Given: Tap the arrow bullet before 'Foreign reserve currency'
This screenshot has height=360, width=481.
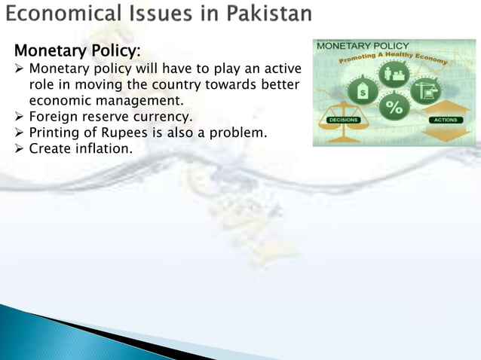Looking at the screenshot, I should pos(20,117).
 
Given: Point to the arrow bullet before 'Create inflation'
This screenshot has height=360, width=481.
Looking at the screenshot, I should pos(20,148).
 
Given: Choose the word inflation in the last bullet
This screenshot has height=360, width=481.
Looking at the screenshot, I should pos(102,148).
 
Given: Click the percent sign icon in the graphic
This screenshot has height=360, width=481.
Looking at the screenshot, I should pos(394,107).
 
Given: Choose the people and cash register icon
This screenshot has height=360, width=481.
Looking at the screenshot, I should pos(394,74).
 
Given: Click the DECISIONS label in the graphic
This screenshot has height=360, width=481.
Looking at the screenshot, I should pos(343,121).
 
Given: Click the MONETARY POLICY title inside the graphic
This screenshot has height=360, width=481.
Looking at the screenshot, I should pos(363,46).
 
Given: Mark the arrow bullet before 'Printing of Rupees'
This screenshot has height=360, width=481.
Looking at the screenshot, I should pos(20,133).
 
